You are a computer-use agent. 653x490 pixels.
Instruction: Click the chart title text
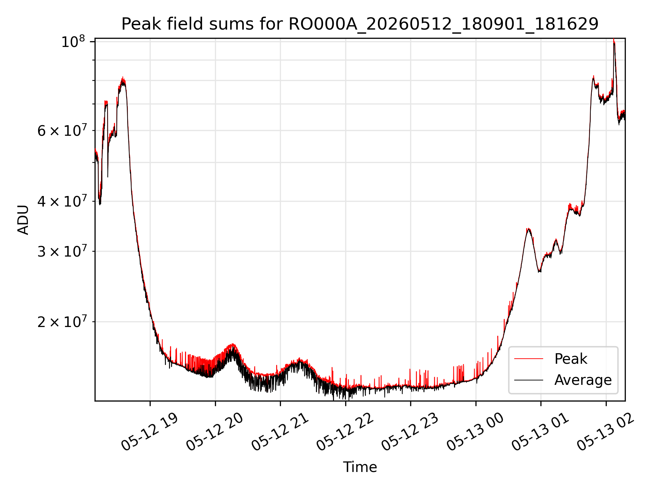[x=360, y=24]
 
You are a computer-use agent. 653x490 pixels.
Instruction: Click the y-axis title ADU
[x=23, y=219]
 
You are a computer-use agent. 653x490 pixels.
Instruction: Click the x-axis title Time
[x=360, y=467]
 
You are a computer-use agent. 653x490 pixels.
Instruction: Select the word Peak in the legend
[x=571, y=359]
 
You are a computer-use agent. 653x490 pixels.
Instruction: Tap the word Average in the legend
[x=583, y=380]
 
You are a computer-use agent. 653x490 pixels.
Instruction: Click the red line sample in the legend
[x=529, y=359]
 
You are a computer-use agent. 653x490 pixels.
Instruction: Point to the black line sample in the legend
[x=529, y=380]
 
